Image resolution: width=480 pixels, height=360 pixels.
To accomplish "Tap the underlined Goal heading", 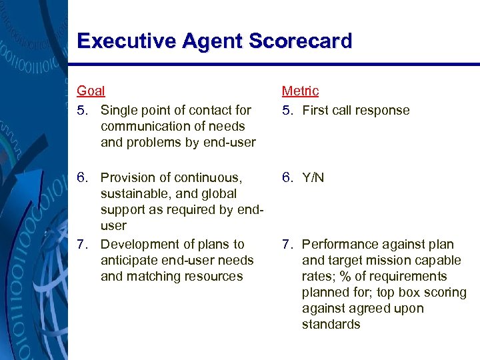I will coord(91,91).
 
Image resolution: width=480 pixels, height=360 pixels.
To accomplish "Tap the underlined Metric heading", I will coord(300,91).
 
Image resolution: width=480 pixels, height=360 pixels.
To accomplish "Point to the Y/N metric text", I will coord(313,178).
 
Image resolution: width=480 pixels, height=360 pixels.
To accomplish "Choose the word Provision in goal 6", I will coord(129,178).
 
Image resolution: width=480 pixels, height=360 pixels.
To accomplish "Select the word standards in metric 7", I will coord(331,325).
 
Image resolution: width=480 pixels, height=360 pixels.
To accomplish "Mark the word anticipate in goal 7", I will coord(129,261).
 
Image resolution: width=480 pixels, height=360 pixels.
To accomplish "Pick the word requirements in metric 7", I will coord(413,277).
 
